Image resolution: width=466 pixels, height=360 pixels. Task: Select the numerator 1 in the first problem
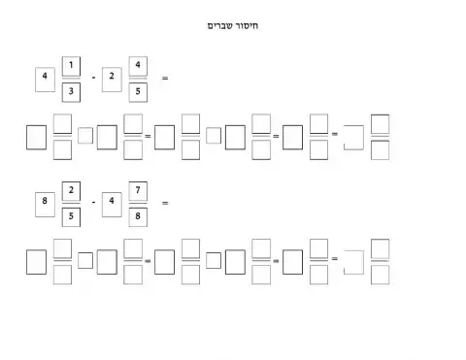pyautogui.click(x=71, y=66)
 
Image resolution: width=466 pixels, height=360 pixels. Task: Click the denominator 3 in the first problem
pyautogui.click(x=71, y=92)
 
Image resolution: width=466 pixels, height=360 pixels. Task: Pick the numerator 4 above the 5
pyautogui.click(x=139, y=66)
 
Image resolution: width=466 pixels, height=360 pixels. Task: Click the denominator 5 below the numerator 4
pyautogui.click(x=139, y=92)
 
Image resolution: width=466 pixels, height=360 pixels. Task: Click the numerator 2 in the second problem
pyautogui.click(x=71, y=189)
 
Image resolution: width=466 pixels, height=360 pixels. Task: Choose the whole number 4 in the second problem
pyautogui.click(x=113, y=202)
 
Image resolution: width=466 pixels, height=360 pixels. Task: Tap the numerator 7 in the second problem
pyautogui.click(x=139, y=189)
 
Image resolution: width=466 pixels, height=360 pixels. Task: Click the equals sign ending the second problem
pyautogui.click(x=165, y=202)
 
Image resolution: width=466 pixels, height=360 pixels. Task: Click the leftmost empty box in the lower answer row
pyautogui.click(x=37, y=260)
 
